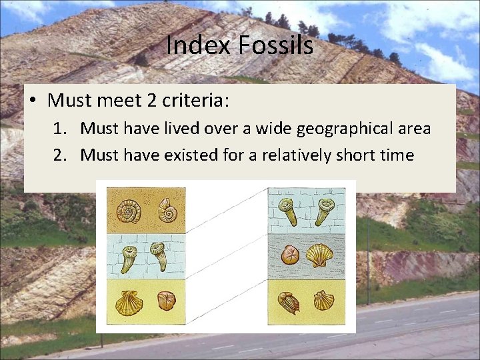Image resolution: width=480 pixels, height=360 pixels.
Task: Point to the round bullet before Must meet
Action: click(33, 101)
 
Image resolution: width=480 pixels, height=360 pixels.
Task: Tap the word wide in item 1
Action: click(267, 128)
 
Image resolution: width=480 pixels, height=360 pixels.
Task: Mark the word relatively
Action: click(297, 155)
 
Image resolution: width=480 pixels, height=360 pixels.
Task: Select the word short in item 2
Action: click(362, 155)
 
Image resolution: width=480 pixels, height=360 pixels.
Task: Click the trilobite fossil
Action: click(289, 302)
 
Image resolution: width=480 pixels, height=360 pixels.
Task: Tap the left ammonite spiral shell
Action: click(128, 211)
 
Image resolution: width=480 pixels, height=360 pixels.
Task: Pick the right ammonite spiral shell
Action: click(167, 211)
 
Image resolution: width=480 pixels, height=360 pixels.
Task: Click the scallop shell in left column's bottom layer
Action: click(129, 303)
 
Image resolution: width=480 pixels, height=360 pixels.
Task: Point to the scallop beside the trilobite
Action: click(324, 300)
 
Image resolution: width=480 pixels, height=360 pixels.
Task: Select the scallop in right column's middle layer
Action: click(319, 255)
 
